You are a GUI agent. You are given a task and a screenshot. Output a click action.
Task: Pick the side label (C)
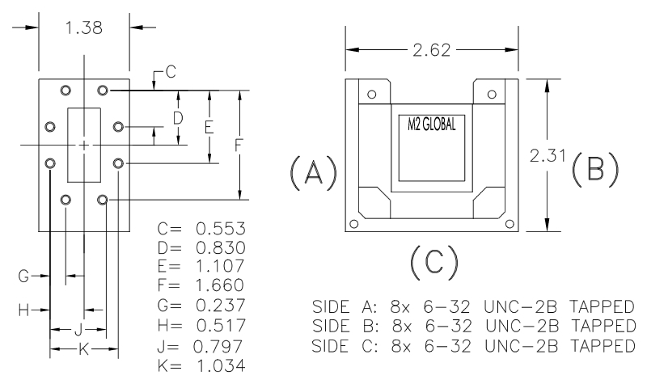click(433, 261)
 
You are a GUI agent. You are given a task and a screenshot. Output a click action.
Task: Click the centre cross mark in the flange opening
click(83, 145)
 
